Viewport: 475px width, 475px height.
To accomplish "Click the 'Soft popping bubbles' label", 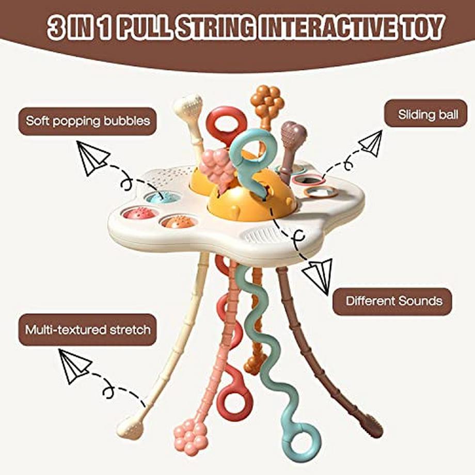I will [87, 121].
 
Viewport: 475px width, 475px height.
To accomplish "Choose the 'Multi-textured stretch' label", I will [87, 329].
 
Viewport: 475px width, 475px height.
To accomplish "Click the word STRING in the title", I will [210, 28].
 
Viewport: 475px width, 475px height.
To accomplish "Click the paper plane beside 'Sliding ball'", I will [371, 143].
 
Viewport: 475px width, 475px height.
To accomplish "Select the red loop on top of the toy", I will [225, 123].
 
